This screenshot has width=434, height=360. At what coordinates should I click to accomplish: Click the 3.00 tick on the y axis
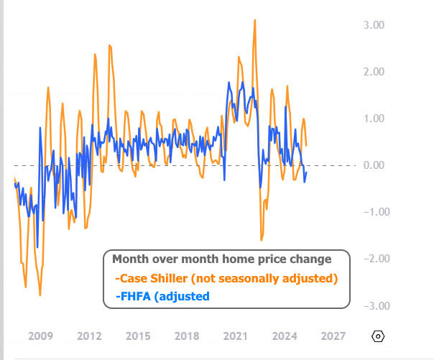[374, 25]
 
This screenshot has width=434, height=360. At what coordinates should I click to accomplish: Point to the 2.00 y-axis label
[374, 72]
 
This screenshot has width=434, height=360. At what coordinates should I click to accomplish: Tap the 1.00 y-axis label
[374, 119]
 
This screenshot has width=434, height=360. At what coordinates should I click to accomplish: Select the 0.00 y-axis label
[374, 165]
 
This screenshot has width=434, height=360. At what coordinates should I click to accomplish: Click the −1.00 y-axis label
[372, 212]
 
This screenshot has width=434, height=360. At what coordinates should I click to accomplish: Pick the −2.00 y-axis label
[372, 259]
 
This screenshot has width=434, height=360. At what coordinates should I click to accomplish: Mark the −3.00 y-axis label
[372, 305]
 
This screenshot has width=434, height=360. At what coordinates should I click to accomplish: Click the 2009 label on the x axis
[40, 336]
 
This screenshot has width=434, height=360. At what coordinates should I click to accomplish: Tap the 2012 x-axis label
[89, 336]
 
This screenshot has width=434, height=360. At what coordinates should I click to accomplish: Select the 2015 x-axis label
[138, 336]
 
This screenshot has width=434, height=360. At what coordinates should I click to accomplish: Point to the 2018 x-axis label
[187, 336]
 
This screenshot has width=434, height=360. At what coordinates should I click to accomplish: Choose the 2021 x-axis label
[236, 336]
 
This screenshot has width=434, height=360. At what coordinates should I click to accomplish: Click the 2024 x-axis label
[285, 336]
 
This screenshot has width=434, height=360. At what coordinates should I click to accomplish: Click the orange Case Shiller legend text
[226, 278]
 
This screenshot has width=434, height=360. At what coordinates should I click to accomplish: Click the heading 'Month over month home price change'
[222, 259]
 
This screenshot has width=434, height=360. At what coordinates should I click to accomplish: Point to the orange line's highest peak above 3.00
[255, 20]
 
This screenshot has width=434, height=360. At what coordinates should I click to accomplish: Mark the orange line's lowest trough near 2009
[40, 295]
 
